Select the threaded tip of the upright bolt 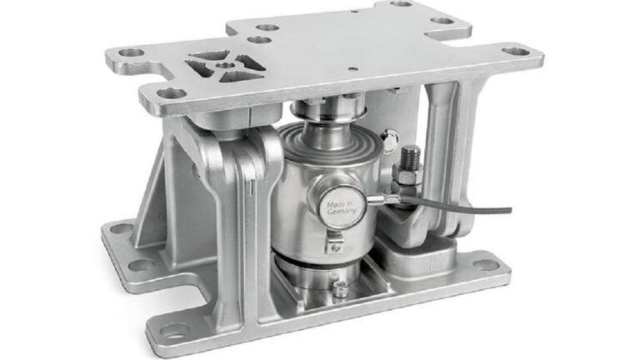pyautogui.click(x=411, y=153)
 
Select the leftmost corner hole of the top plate pyautogui.click(x=127, y=53)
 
